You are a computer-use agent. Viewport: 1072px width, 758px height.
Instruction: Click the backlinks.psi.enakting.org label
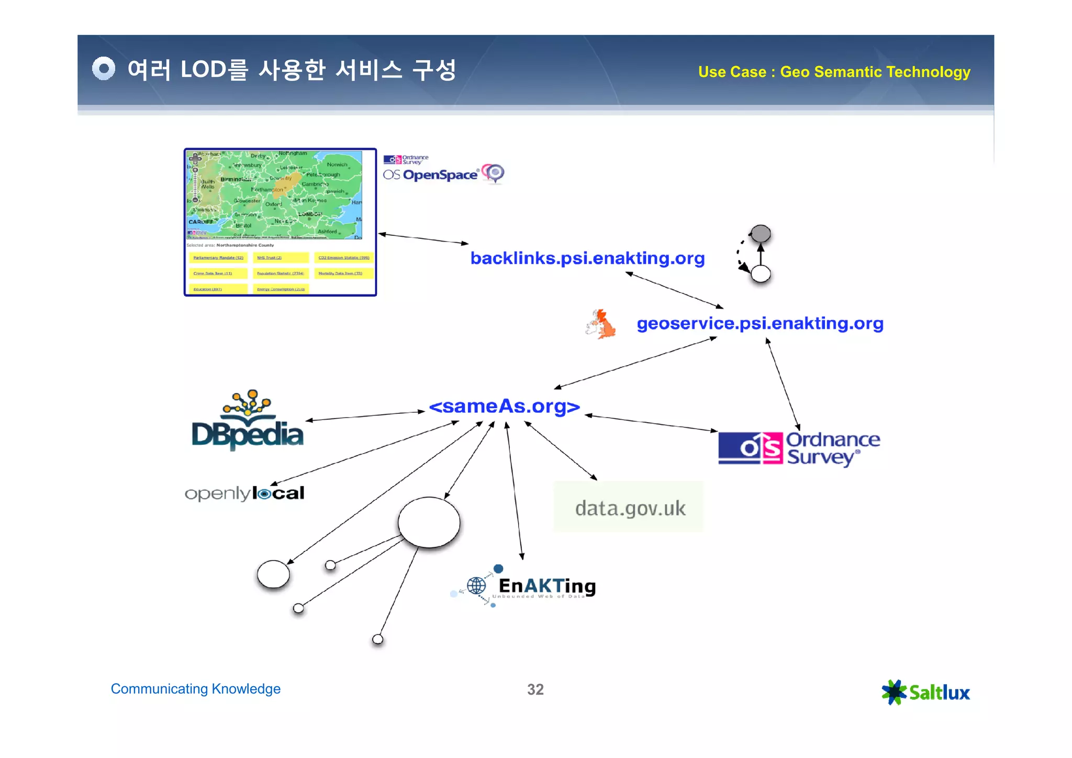click(x=587, y=258)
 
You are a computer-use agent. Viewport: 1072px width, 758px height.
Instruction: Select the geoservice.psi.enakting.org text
click(x=760, y=323)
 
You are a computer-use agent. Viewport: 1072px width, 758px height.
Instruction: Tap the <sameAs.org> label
click(x=504, y=406)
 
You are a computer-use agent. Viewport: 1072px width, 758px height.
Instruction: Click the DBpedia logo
click(x=248, y=422)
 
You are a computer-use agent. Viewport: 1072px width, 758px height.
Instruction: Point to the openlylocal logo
click(x=244, y=493)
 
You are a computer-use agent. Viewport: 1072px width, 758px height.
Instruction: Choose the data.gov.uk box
click(x=628, y=507)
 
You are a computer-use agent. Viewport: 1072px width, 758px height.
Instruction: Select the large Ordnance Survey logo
click(x=799, y=448)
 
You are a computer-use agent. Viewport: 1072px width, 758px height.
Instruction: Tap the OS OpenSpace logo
click(x=443, y=170)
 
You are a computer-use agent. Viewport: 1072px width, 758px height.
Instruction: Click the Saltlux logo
click(x=925, y=692)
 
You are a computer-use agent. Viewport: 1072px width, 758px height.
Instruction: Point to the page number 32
click(x=535, y=689)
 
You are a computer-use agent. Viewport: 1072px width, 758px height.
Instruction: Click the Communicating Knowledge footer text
click(x=195, y=689)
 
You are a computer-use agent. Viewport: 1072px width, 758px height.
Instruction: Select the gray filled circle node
click(x=761, y=234)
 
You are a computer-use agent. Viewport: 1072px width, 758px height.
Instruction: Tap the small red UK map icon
click(x=601, y=324)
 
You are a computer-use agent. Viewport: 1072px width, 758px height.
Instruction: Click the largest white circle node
click(x=429, y=522)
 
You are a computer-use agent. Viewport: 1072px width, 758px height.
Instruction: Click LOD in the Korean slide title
click(x=203, y=70)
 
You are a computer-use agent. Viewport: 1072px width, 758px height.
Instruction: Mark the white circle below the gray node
click(x=761, y=273)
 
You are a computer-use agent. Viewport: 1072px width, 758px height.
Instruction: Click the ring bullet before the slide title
click(x=104, y=69)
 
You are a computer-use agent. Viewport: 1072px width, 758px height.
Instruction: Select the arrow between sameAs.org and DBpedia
click(x=365, y=416)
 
